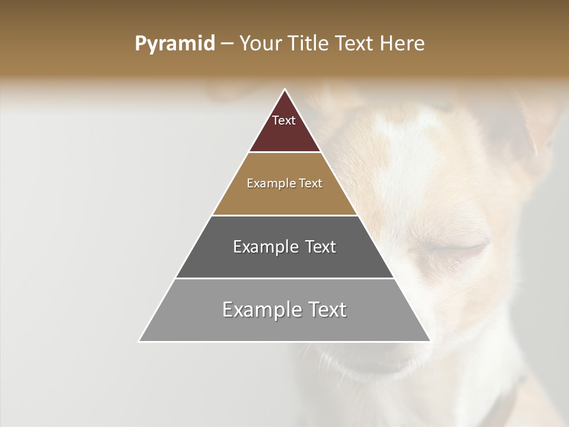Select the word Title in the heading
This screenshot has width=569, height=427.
click(309, 44)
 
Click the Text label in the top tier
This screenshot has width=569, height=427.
click(284, 120)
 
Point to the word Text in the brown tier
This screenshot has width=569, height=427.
click(311, 184)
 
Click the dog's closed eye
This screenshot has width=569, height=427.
click(468, 249)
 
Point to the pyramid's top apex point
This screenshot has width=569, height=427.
click(285, 90)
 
